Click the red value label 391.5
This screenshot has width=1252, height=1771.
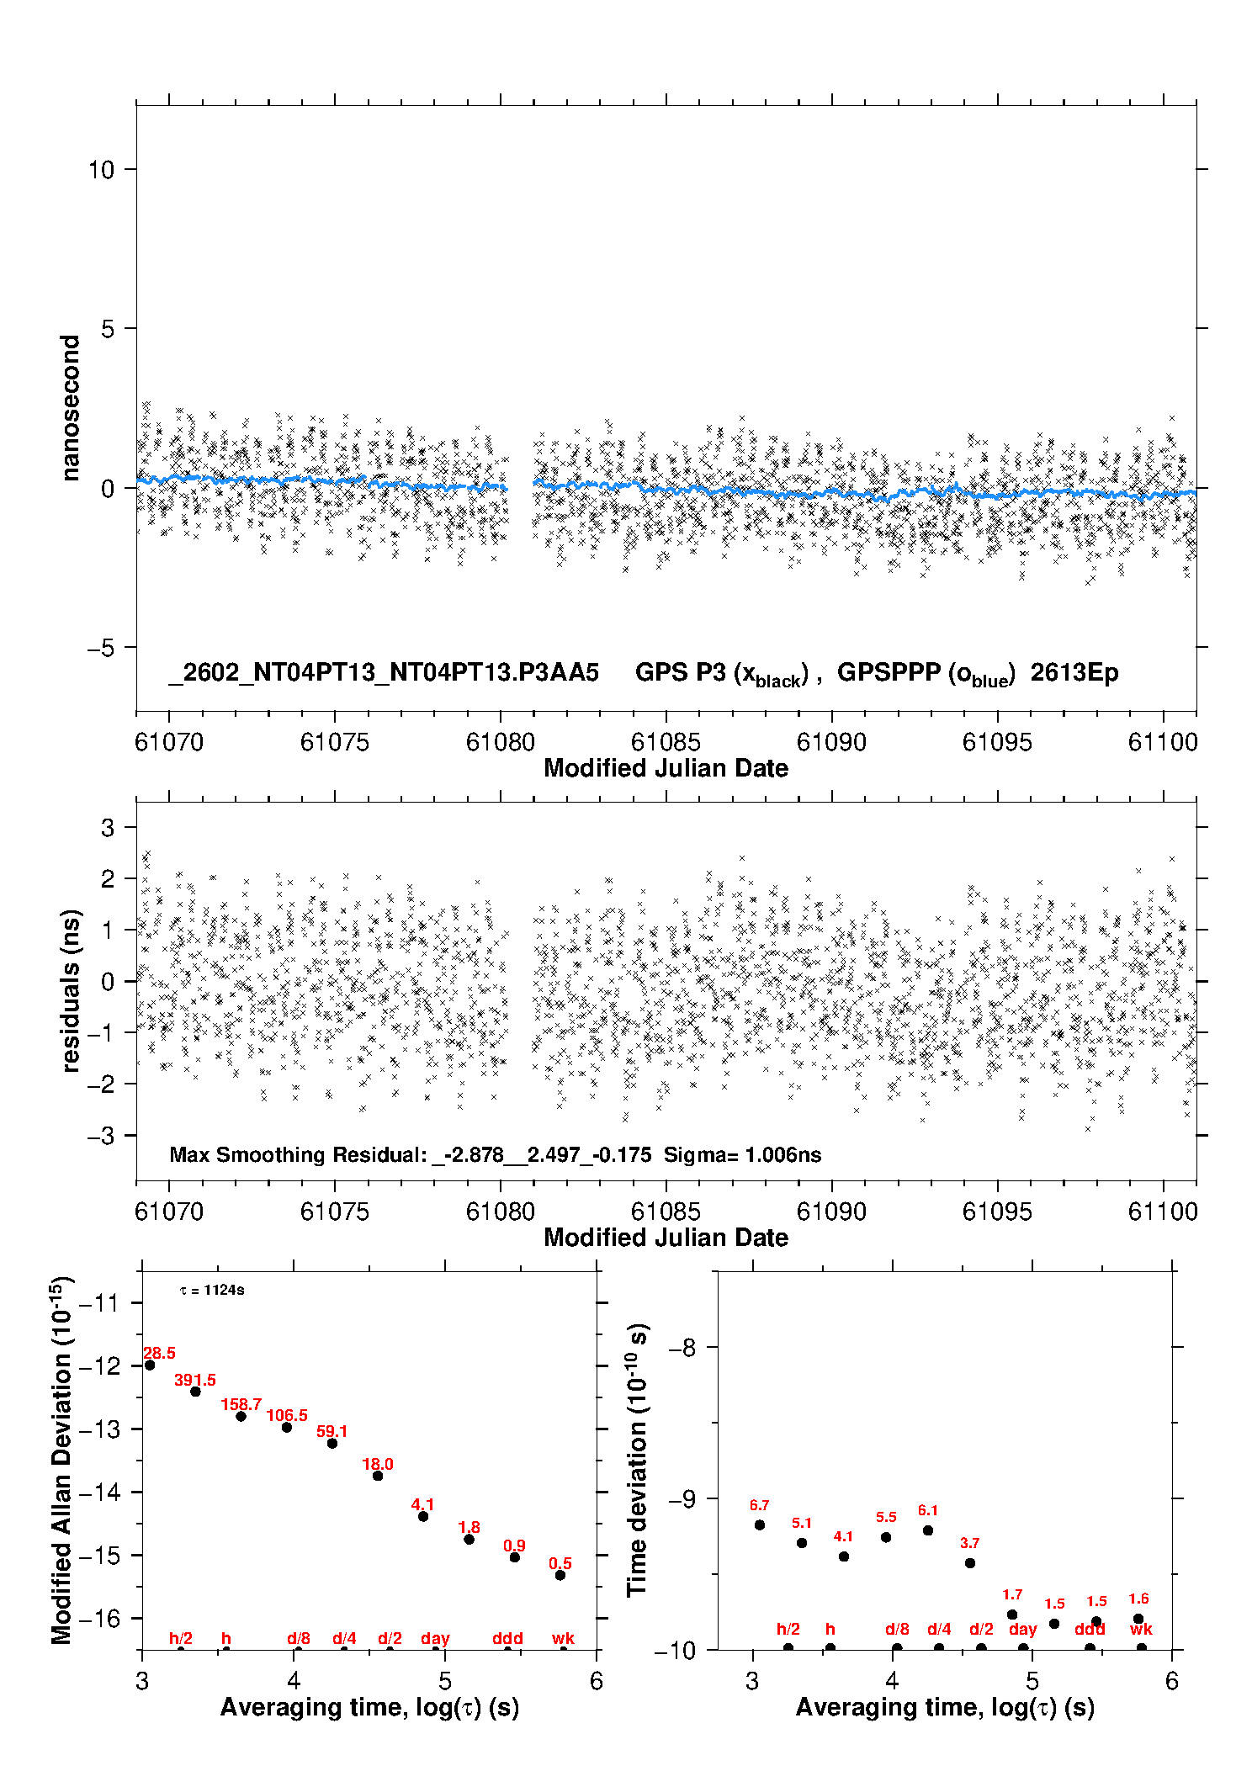pyautogui.click(x=194, y=1380)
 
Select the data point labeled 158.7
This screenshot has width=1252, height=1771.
pyautogui.click(x=241, y=1416)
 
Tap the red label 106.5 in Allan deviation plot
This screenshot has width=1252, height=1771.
pyautogui.click(x=287, y=1415)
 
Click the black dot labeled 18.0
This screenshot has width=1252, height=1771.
pyautogui.click(x=378, y=1476)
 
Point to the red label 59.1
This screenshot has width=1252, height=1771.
pyautogui.click(x=332, y=1431)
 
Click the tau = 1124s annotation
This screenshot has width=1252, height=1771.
pyautogui.click(x=212, y=1290)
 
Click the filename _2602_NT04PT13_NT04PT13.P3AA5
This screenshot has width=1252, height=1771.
pyautogui.click(x=384, y=672)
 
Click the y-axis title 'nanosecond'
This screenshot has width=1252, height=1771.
pyautogui.click(x=71, y=408)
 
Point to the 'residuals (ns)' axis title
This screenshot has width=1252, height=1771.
pyautogui.click(x=71, y=990)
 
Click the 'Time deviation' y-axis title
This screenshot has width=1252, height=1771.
pyautogui.click(x=638, y=1461)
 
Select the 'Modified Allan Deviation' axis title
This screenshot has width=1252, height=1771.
pyautogui.click(x=61, y=1460)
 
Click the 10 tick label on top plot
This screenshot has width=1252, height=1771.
pyautogui.click(x=101, y=169)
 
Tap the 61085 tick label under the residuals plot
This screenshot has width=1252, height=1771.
pyautogui.click(x=666, y=1212)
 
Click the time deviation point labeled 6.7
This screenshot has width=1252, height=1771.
pyautogui.click(x=760, y=1524)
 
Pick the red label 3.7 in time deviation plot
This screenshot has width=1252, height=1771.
pyautogui.click(x=969, y=1543)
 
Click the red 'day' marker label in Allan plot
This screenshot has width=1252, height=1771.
pyautogui.click(x=435, y=1638)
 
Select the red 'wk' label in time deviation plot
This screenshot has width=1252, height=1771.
pyautogui.click(x=1141, y=1629)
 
